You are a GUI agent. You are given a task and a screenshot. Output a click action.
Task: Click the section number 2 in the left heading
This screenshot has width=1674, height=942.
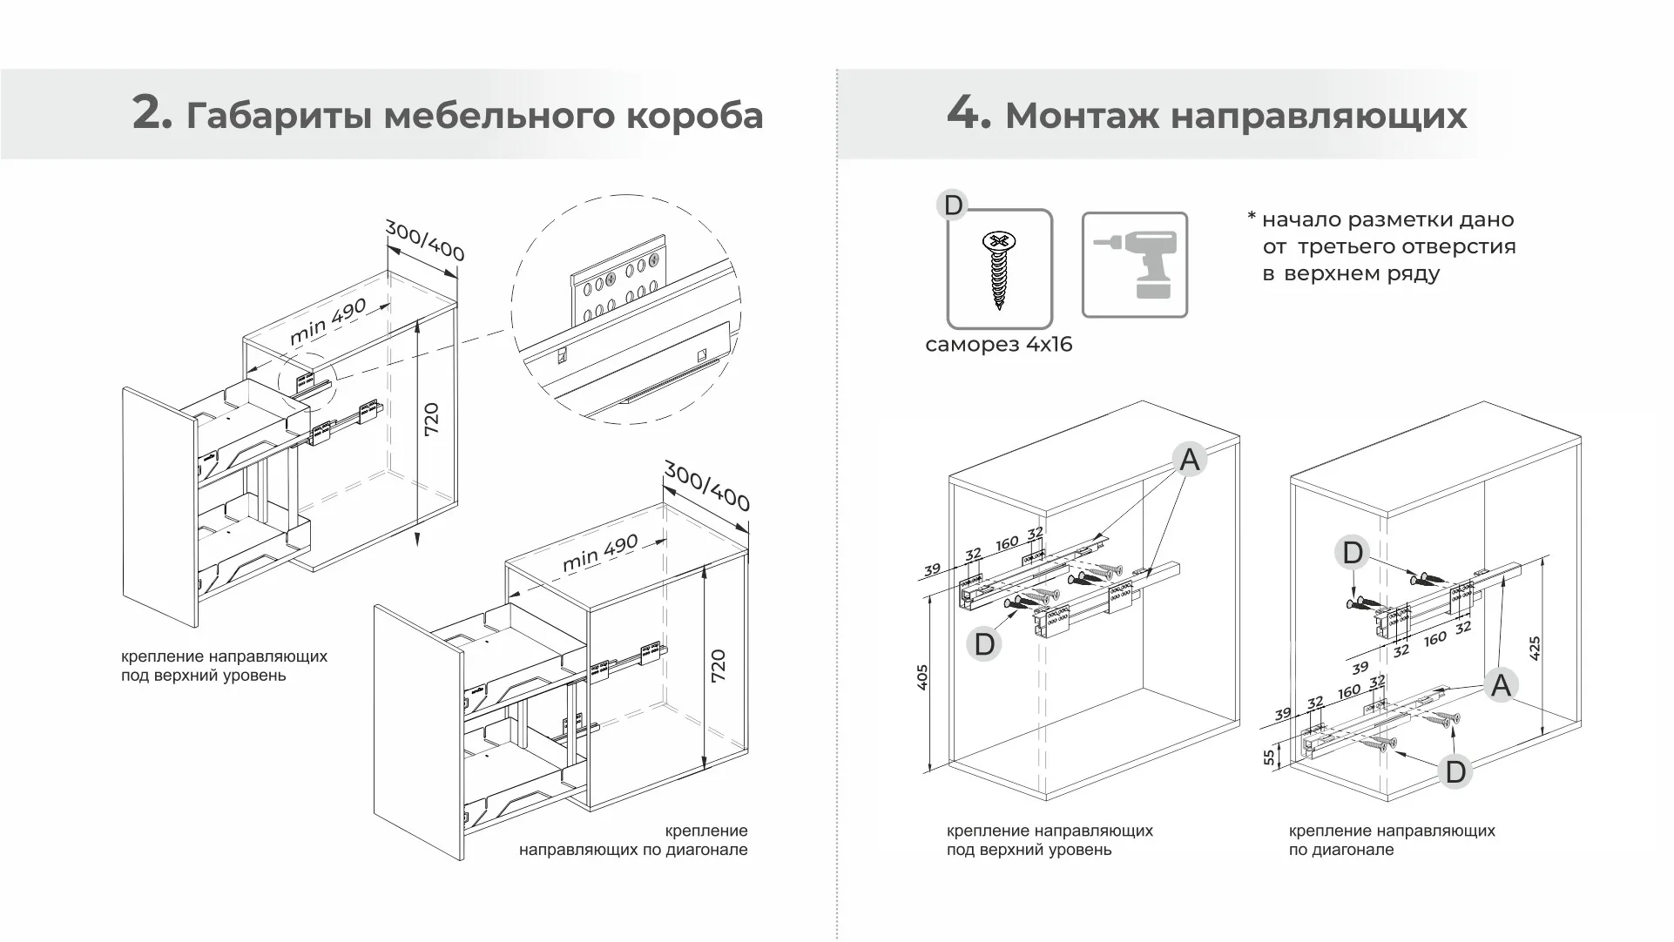[152, 114]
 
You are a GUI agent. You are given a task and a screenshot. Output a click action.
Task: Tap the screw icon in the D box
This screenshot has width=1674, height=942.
[999, 269]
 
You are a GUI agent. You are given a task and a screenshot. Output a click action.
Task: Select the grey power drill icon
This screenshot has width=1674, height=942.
[1135, 265]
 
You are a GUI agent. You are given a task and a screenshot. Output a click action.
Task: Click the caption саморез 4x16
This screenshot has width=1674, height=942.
[998, 345]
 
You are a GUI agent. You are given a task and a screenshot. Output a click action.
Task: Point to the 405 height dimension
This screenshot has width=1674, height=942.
[923, 677]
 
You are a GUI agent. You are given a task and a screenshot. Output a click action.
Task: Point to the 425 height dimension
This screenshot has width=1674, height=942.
[1535, 648]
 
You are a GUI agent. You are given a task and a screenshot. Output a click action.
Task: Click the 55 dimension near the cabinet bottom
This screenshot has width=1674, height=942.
[1270, 757]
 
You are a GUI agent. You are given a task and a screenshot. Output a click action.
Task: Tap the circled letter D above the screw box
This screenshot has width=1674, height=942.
[953, 205]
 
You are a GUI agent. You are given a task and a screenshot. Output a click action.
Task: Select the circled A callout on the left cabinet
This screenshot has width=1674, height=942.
[1189, 460]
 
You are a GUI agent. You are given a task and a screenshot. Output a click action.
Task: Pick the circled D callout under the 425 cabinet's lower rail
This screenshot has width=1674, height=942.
[1455, 771]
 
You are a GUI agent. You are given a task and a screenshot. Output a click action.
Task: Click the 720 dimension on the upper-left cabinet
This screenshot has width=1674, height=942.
[431, 420]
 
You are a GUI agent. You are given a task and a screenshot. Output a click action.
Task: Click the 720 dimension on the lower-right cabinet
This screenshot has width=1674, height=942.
[718, 666]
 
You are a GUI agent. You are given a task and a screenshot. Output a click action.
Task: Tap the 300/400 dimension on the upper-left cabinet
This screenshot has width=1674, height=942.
[424, 240]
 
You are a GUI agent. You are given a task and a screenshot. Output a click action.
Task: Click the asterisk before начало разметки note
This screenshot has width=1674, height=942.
[1252, 216]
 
